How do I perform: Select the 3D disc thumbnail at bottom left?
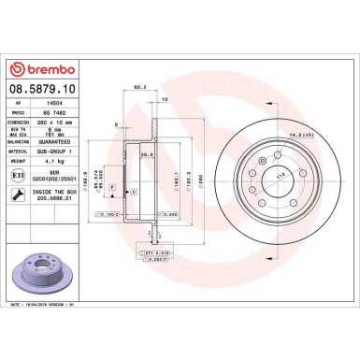click(x=40, y=271)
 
